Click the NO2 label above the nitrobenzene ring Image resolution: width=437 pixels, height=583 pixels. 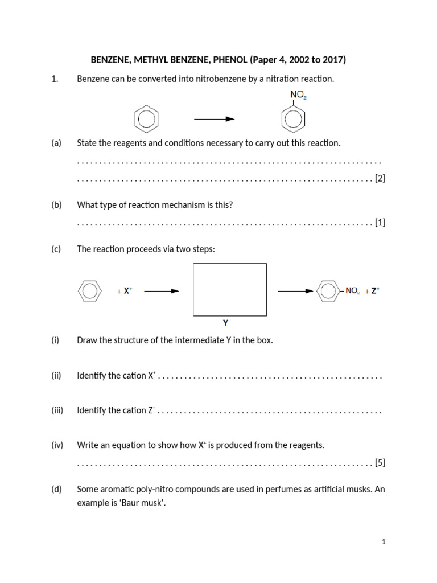[299, 96]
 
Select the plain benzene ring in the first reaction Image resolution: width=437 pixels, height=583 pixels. [146, 120]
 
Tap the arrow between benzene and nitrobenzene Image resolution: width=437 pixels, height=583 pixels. [214, 119]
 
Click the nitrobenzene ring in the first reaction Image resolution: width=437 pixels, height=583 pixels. [294, 120]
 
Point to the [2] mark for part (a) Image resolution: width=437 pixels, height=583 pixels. [380, 179]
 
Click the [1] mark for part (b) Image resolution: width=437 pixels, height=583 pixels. [380, 222]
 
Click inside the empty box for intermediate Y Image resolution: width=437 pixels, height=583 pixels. [230, 289]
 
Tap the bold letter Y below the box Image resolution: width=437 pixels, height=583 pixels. [226, 323]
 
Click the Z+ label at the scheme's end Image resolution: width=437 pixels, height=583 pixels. [375, 290]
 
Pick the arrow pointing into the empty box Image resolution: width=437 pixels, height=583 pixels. [162, 291]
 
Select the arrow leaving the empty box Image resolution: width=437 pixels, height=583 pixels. [295, 291]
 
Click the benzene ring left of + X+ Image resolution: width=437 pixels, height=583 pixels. [89, 291]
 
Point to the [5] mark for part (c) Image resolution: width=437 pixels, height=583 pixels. [380, 462]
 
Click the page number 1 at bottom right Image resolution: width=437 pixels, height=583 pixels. [384, 542]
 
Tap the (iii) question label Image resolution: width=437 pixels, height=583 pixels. [57, 410]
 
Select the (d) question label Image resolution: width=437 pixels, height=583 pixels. [56, 489]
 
